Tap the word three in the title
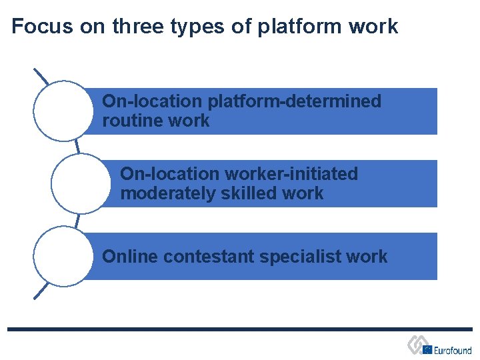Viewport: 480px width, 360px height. [137, 27]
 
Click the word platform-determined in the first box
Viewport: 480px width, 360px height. [295, 101]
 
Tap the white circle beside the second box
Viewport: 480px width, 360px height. [81, 183]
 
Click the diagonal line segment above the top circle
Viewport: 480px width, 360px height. [41, 76]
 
